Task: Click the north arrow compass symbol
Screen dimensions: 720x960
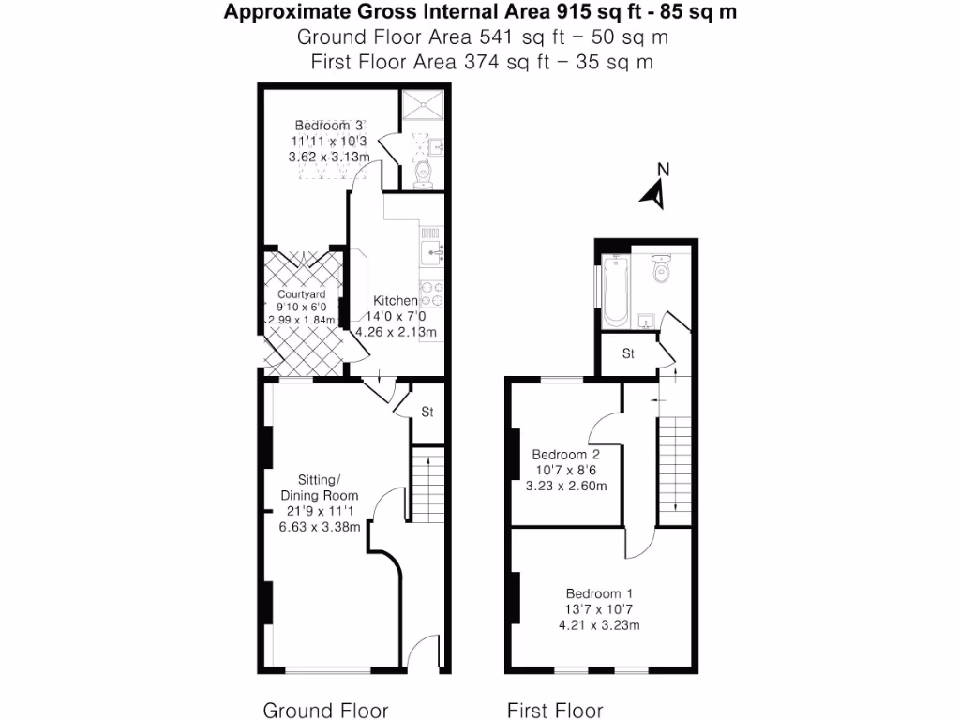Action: [x=654, y=188]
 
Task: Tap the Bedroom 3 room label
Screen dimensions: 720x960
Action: [x=329, y=126]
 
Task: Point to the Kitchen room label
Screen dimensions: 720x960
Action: [x=396, y=301]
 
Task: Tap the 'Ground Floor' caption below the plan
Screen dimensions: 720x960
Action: [x=325, y=710]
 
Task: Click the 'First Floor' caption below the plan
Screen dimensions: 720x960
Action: [x=555, y=710]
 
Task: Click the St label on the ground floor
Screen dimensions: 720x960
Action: [x=427, y=412]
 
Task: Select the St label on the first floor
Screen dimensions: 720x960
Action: [x=628, y=354]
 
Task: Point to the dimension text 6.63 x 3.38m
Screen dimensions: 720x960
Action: [x=319, y=527]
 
